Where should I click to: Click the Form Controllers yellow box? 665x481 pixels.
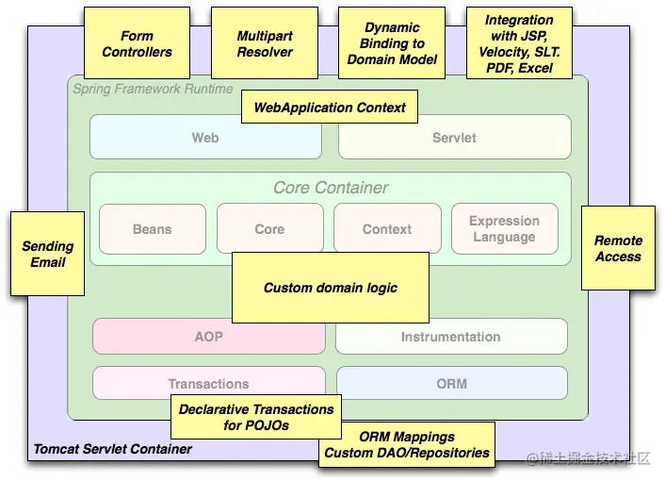[x=137, y=44]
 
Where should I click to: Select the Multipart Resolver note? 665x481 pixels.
[x=265, y=44]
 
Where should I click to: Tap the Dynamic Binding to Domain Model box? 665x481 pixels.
[x=392, y=44]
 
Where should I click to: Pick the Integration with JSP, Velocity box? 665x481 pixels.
[x=519, y=44]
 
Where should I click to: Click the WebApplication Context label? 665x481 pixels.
[x=330, y=108]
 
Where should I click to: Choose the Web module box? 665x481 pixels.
[x=205, y=138]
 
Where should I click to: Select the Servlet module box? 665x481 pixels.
[x=454, y=138]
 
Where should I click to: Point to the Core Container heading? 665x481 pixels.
[x=331, y=188]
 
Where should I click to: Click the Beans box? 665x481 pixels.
[x=153, y=229]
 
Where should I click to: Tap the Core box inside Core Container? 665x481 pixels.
[x=269, y=229]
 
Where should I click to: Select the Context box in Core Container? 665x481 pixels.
[x=387, y=229]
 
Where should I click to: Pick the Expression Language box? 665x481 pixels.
[x=504, y=229]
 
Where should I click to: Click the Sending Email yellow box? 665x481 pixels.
[x=47, y=254]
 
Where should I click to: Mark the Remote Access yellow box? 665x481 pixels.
[x=618, y=248]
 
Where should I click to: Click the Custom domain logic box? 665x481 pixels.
[x=330, y=288]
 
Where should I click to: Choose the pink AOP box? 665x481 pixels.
[x=208, y=337]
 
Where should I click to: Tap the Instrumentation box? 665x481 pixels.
[x=451, y=337]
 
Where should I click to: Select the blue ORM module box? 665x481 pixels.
[x=451, y=384]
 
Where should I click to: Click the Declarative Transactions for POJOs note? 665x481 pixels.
[x=256, y=417]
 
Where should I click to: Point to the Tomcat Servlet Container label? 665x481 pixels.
[x=113, y=450]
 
